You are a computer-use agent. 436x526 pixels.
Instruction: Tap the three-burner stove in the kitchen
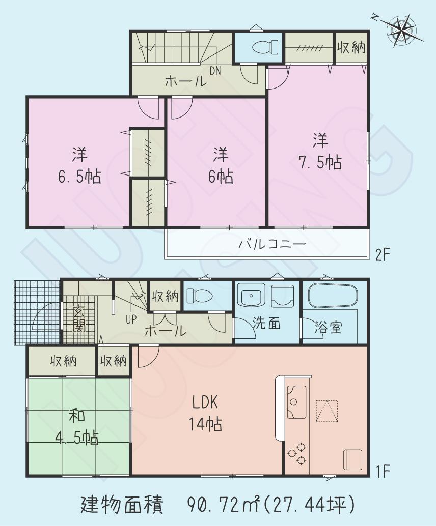pyautogui.click(x=296, y=452)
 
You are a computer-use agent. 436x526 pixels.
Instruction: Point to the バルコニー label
pyautogui.click(x=272, y=244)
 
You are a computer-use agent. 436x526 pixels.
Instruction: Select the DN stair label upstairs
pyautogui.click(x=215, y=71)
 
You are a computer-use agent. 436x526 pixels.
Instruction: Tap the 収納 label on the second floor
pyautogui.click(x=351, y=48)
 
